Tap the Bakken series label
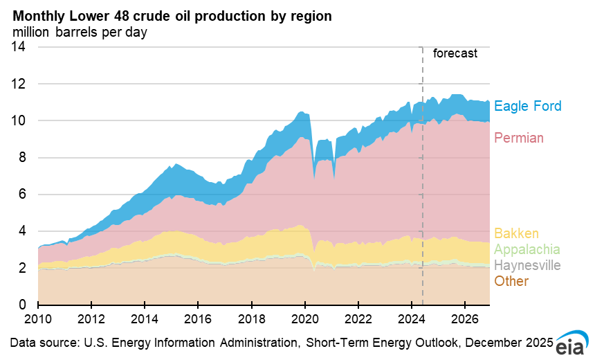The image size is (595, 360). coord(515,233)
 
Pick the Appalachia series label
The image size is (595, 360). coord(527,249)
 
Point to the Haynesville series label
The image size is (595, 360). coord(527,265)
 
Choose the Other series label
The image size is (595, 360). coord(511,281)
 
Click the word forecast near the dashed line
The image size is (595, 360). coord(455,53)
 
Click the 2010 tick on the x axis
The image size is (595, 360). coord(38,320)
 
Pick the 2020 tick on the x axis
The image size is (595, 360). coord(305,320)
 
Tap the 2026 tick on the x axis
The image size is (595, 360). coord(465,320)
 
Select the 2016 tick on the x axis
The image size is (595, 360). coord(198,320)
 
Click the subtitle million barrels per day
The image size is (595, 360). coord(80,31)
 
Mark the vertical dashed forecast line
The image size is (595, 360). coord(422,173)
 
